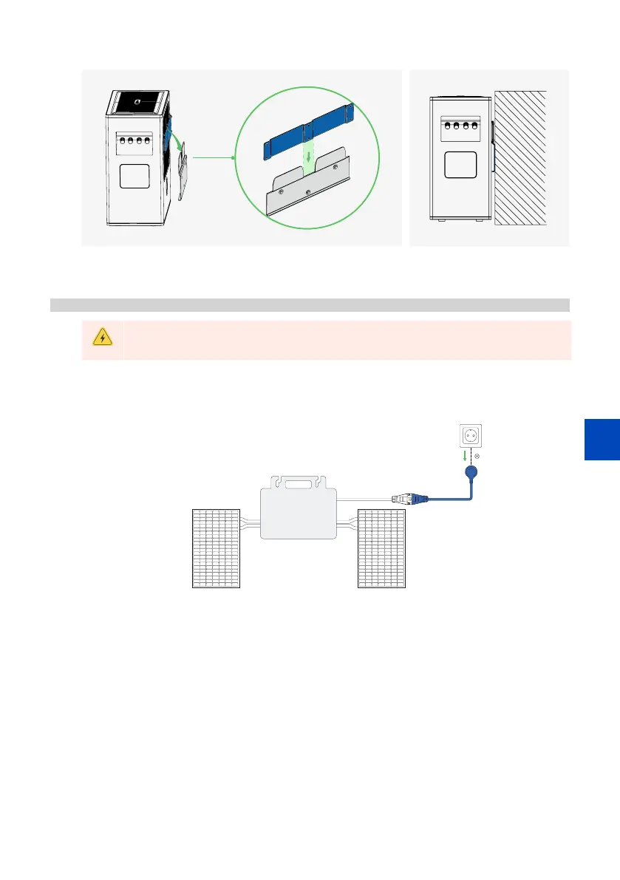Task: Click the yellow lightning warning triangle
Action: click(102, 338)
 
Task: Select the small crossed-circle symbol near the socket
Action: click(477, 457)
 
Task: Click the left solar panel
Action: click(217, 548)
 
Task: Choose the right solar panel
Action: click(381, 548)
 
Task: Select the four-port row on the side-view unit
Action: click(455, 126)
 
